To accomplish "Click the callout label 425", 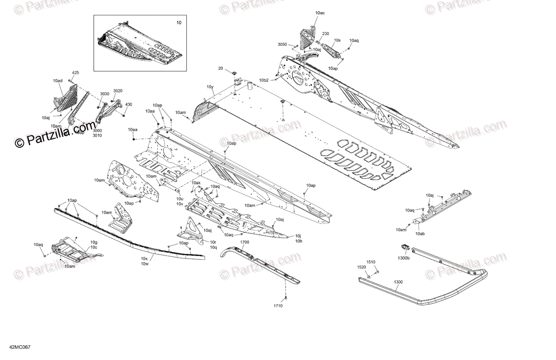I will click(x=76, y=73).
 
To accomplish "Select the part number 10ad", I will click(x=57, y=81).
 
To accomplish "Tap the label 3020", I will click(x=118, y=91).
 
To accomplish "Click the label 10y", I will click(x=210, y=87).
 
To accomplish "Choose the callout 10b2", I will click(x=264, y=80).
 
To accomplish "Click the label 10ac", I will click(x=320, y=13).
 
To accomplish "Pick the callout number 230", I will click(x=325, y=34).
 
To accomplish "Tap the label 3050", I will click(x=283, y=44).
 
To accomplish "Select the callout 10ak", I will click(x=196, y=183).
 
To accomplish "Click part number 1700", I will click(x=245, y=242).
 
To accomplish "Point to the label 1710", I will click(x=278, y=306).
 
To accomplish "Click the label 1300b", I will click(x=404, y=258).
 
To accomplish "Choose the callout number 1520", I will click(x=361, y=267).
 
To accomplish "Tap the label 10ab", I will click(x=421, y=234).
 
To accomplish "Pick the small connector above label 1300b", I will click(x=404, y=246).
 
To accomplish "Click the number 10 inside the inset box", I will click(x=179, y=22).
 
